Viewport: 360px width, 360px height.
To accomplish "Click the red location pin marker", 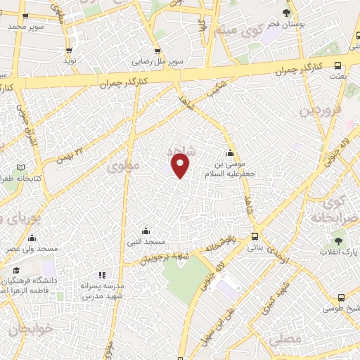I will pyautogui.click(x=181, y=165).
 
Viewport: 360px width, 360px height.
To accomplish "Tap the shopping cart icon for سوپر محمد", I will pyautogui.click(x=25, y=15).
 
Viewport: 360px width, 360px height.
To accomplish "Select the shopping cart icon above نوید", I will pyautogui.click(x=69, y=51).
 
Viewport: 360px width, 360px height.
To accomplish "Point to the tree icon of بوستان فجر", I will pyautogui.click(x=285, y=13).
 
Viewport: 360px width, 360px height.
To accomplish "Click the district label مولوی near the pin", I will pyautogui.click(x=124, y=167).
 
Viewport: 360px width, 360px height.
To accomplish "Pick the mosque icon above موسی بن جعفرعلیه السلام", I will pyautogui.click(x=229, y=154).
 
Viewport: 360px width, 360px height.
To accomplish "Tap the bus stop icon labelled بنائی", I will pyautogui.click(x=255, y=237).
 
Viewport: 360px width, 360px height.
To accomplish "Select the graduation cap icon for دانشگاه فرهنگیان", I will pyautogui.click(x=15, y=270).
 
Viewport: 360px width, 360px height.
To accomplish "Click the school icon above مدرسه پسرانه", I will pyautogui.click(x=102, y=275).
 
